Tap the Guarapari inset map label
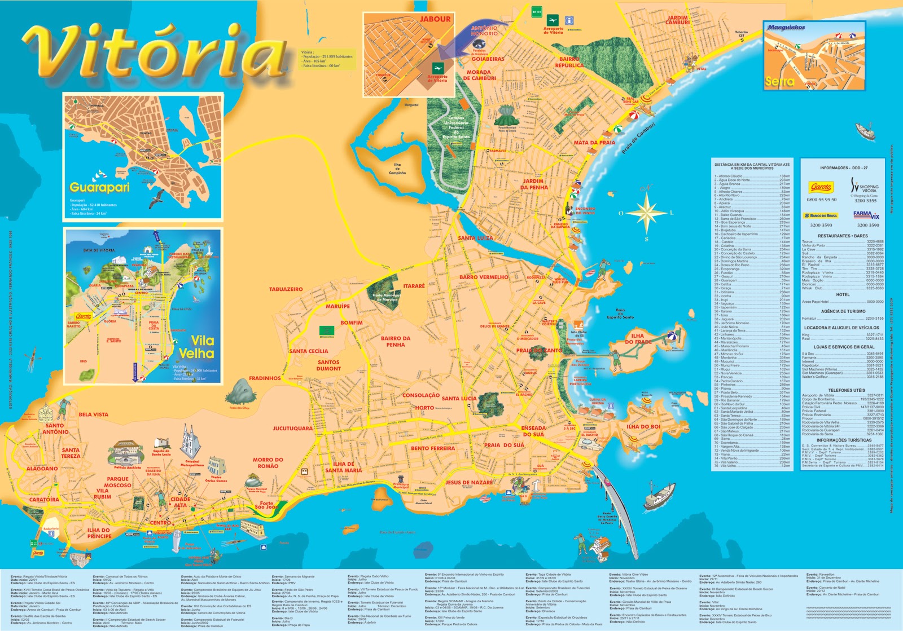point(99,187)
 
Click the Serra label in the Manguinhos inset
point(779,82)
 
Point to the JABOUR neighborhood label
point(435,19)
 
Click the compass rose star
point(646,213)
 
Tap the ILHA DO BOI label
point(643,427)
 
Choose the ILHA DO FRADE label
point(638,338)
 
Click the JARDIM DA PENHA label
point(534,184)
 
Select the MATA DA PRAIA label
point(594,143)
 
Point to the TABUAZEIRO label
point(286,289)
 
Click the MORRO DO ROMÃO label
point(268,463)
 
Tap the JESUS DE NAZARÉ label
point(468,483)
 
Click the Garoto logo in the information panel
point(821,187)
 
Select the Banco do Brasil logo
point(821,215)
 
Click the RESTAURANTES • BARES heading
point(843,236)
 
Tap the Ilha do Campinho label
point(397,169)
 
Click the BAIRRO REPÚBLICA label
point(569,62)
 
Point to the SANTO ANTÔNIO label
point(55,429)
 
